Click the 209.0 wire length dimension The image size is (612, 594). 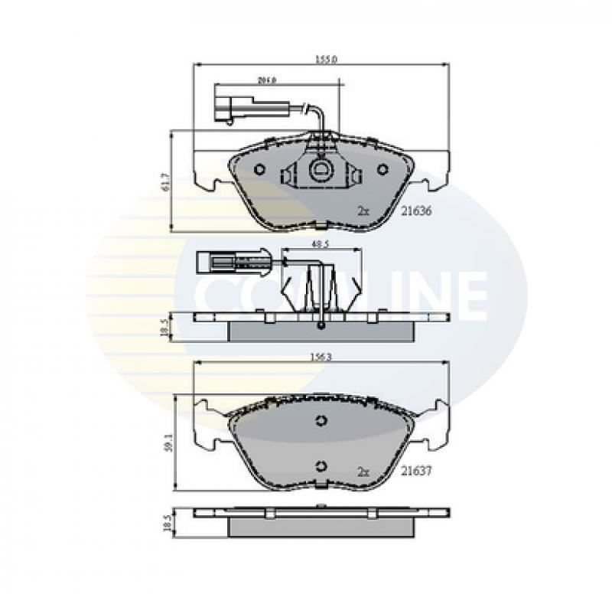click(x=266, y=79)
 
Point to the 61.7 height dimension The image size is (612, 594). click(x=164, y=181)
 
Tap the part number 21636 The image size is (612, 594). click(x=417, y=211)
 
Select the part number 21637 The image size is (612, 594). click(x=417, y=472)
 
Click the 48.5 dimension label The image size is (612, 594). click(x=321, y=244)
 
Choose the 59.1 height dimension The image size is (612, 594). click(x=168, y=443)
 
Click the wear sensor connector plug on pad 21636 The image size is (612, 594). click(x=226, y=108)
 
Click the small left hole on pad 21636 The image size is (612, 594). click(x=259, y=169)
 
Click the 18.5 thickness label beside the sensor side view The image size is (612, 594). click(x=164, y=328)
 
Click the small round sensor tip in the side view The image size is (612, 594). click(x=321, y=328)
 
